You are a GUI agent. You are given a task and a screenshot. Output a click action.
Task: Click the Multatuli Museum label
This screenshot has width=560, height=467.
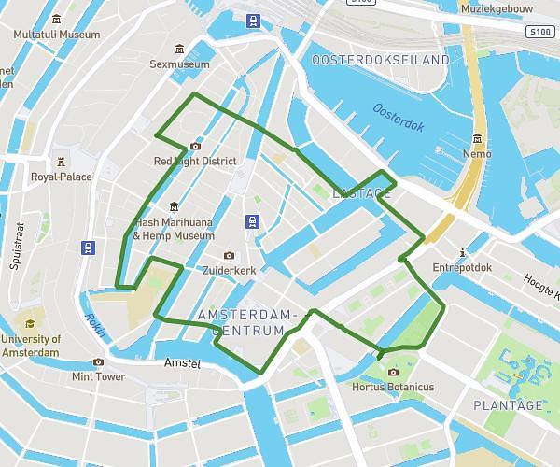[x=57, y=35]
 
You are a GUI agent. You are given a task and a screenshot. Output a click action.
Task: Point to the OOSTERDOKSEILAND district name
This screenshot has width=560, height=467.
[x=381, y=60]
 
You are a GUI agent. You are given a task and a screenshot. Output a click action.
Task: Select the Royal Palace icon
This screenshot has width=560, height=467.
[x=62, y=161]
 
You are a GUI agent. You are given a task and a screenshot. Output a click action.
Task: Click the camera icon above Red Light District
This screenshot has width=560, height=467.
[x=194, y=146]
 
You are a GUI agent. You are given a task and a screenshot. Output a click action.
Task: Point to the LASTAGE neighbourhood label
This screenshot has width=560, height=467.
[x=361, y=193]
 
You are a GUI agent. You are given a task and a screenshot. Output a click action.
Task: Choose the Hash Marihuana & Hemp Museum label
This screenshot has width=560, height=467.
[x=174, y=229]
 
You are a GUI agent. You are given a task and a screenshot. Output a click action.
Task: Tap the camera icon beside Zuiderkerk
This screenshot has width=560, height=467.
[x=229, y=255]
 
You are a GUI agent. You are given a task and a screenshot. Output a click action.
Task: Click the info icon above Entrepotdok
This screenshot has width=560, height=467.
[x=463, y=251]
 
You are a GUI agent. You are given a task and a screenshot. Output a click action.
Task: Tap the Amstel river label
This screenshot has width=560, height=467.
[x=181, y=363]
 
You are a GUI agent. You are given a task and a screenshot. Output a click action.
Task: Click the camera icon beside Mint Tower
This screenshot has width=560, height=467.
[x=98, y=362]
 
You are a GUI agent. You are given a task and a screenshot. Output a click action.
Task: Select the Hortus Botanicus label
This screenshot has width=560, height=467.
[x=393, y=387]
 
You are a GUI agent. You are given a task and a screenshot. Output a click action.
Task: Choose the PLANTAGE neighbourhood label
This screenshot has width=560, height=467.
[x=507, y=405]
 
